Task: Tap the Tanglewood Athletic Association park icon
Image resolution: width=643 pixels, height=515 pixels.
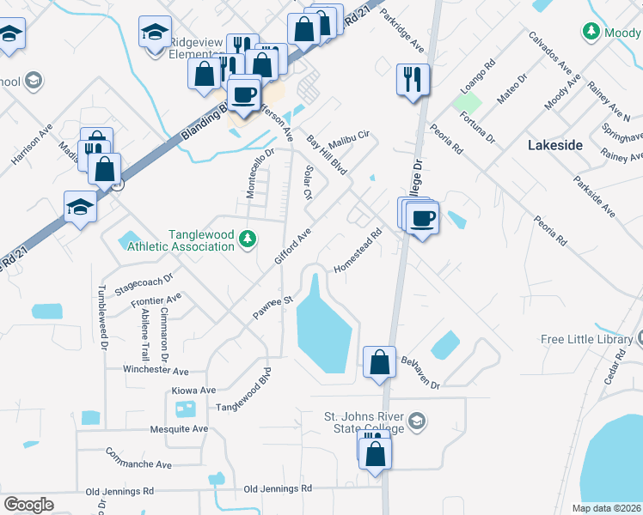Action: [248, 238]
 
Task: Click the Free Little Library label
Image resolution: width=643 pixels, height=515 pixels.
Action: [587, 339]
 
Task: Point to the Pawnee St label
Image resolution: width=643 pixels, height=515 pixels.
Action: [273, 305]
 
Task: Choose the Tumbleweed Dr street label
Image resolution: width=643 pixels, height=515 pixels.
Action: [102, 318]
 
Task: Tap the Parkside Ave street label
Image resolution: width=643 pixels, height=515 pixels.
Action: [595, 197]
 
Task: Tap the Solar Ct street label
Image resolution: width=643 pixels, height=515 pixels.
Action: [307, 182]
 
